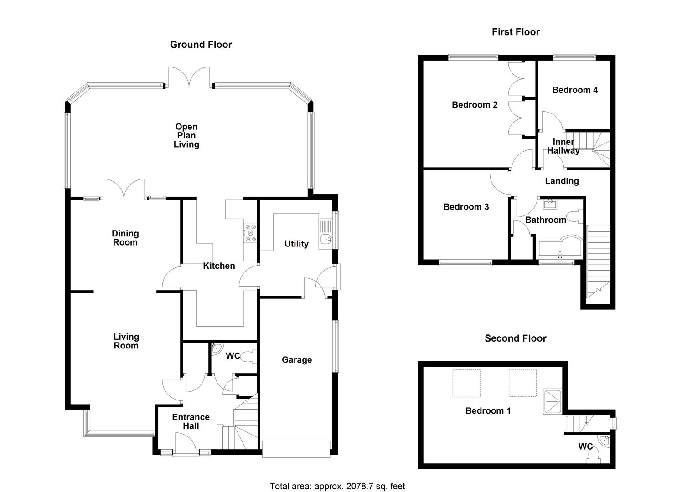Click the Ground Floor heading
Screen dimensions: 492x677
click(201, 45)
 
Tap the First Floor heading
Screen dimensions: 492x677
click(515, 32)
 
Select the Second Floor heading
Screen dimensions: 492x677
click(515, 338)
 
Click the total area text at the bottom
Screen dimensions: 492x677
click(337, 486)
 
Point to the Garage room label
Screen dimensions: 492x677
click(297, 360)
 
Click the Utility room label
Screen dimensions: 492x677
click(296, 244)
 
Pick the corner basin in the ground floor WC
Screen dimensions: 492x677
click(217, 348)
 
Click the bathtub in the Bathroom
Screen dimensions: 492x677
click(558, 248)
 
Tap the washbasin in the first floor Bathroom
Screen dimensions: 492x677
click(551, 203)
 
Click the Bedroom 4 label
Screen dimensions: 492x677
click(574, 90)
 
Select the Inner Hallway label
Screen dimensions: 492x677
click(563, 146)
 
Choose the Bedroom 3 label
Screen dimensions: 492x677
click(466, 207)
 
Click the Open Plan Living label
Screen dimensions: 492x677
click(186, 136)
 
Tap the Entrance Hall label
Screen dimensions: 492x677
click(191, 422)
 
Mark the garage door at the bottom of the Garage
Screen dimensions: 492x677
click(295, 449)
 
